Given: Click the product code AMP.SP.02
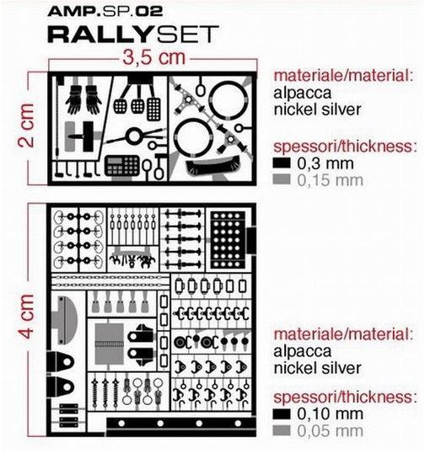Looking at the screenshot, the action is [105, 11].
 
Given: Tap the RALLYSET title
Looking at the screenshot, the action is [133, 35].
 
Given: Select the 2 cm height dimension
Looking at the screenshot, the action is [26, 125].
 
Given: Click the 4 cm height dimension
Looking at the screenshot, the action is [26, 316].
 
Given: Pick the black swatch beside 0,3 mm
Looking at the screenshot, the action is [282, 163].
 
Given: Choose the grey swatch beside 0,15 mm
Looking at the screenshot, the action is [282, 179].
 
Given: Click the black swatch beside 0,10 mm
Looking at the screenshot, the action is [282, 414].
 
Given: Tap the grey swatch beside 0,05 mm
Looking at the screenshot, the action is [282, 431].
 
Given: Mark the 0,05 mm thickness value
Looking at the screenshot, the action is [331, 431].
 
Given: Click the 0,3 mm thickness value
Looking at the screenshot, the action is [325, 163].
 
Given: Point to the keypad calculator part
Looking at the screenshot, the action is [122, 166].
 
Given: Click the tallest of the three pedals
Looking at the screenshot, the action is [153, 109].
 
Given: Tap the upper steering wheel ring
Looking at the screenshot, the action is [229, 99].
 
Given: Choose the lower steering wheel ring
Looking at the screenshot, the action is [193, 137].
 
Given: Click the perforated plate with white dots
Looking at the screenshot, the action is [228, 240].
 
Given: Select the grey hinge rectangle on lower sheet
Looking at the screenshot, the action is [109, 344].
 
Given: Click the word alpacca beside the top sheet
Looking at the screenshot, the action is [302, 93].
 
